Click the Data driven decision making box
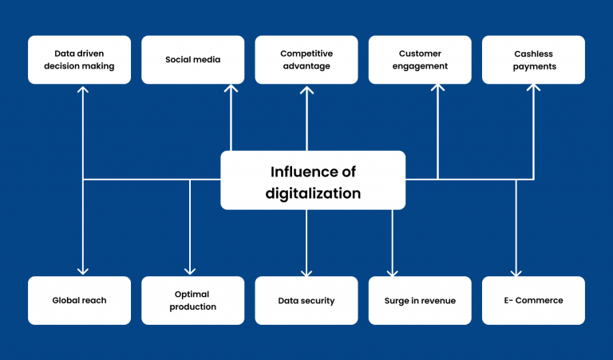tap(79, 60)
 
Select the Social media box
tap(192, 60)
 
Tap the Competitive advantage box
tap(306, 60)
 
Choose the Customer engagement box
tap(420, 60)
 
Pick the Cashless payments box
tap(534, 60)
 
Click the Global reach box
tap(79, 301)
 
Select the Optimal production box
tap(192, 301)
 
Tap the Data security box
tap(306, 301)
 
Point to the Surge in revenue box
tap(420, 301)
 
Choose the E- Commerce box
tap(534, 301)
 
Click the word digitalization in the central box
tap(313, 194)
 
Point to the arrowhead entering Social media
tap(231, 88)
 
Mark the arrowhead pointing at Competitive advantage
tap(306, 90)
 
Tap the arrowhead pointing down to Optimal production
tap(190, 271)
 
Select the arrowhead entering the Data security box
tap(306, 272)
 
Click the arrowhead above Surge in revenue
tap(392, 272)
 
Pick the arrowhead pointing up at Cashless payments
tap(534, 87)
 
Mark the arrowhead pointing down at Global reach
tap(83, 271)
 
